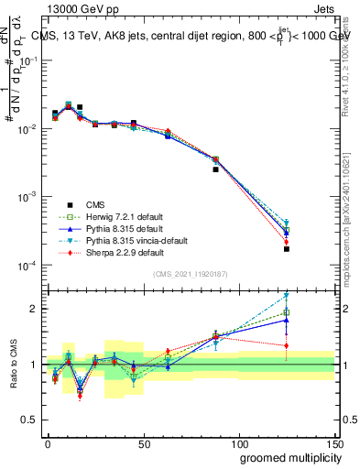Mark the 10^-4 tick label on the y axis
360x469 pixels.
27,266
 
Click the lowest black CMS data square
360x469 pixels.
287,248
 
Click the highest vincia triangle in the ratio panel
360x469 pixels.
287,295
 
